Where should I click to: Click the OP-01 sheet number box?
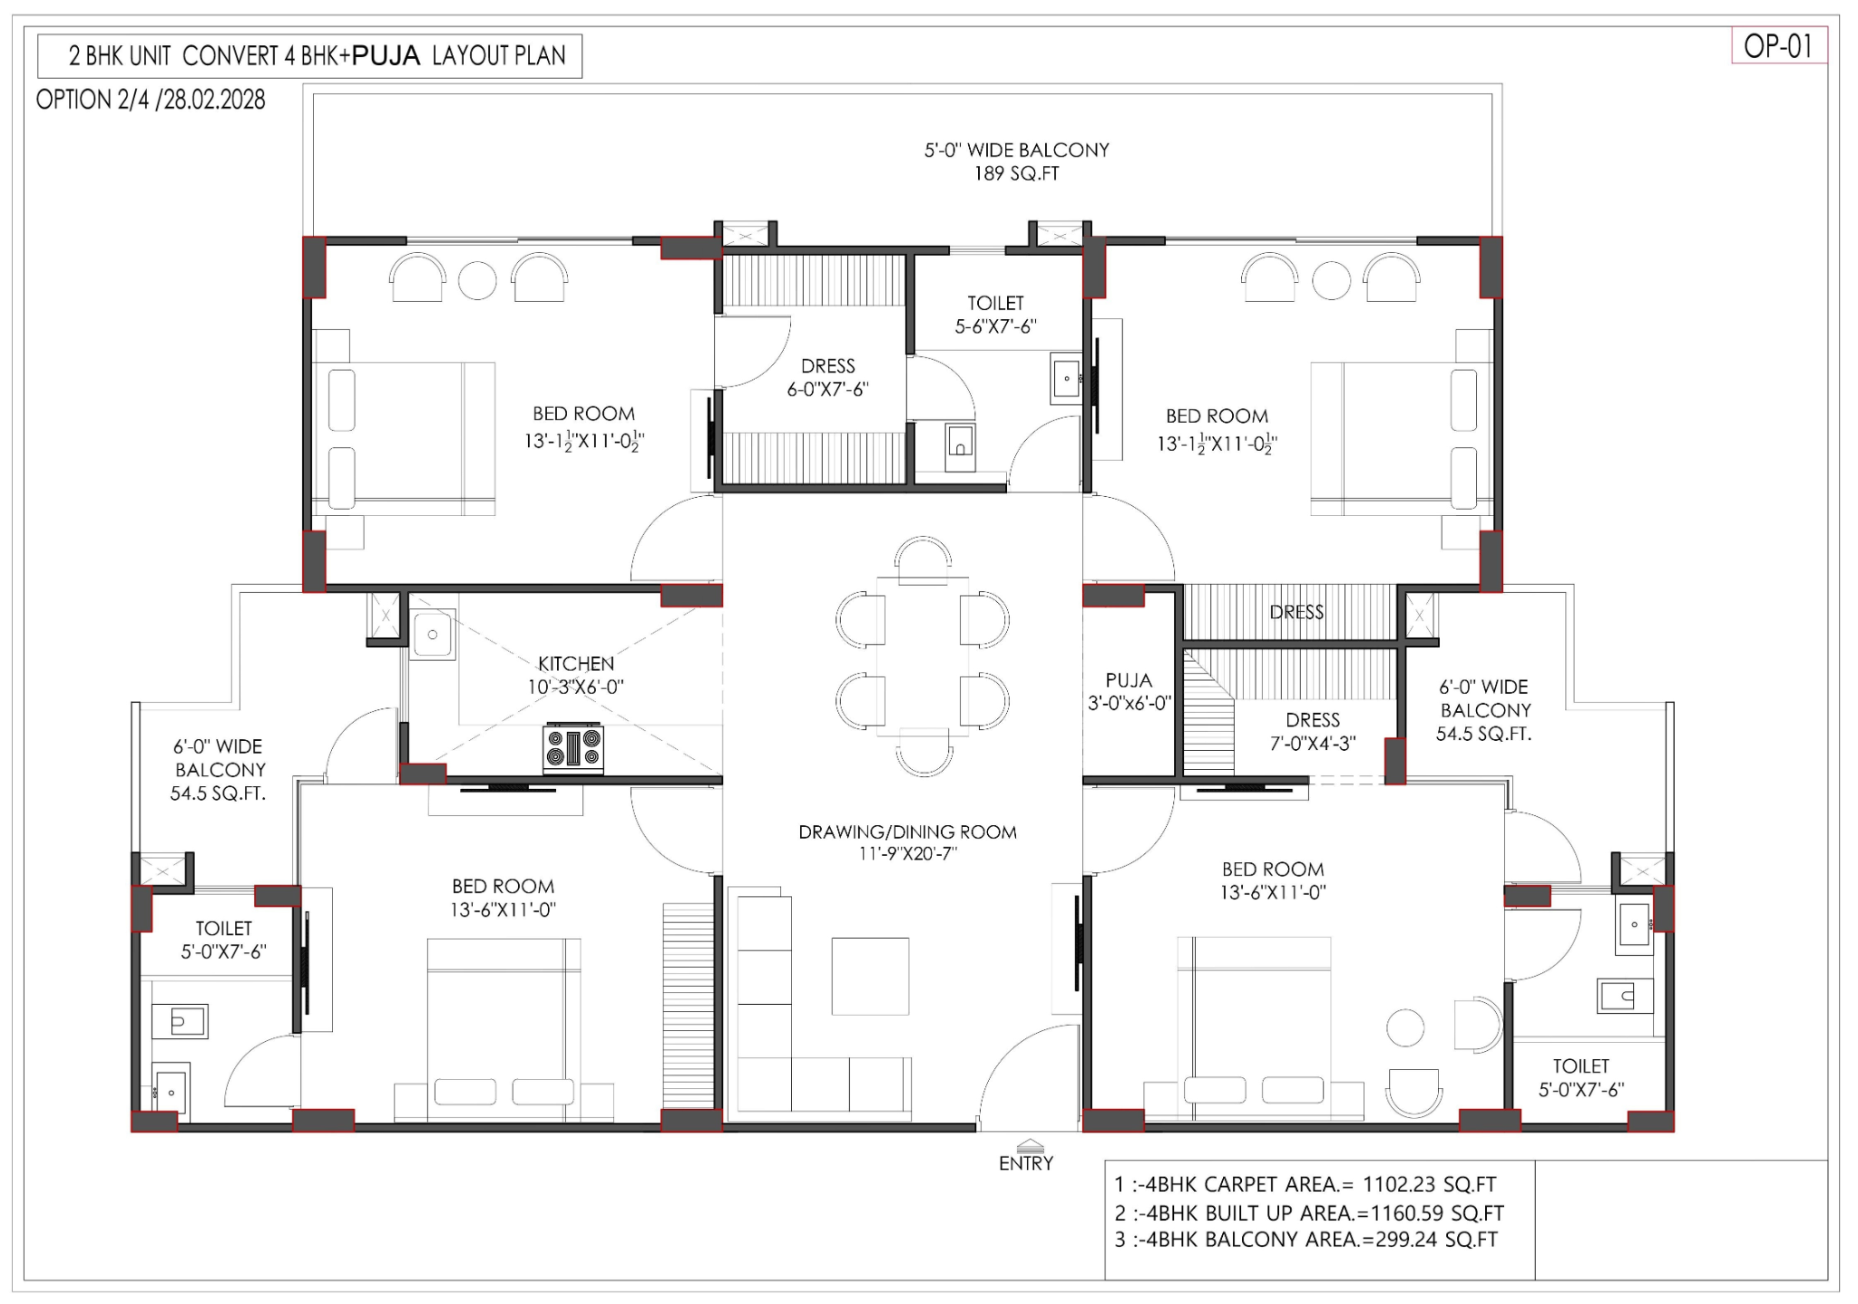(1778, 46)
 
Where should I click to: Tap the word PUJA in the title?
(386, 56)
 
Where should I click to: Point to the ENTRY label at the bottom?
(1026, 1163)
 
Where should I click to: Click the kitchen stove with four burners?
(573, 749)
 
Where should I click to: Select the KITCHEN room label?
(576, 664)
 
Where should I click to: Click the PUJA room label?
(1129, 680)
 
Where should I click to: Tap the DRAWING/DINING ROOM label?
(907, 832)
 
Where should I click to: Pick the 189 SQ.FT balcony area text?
(1016, 173)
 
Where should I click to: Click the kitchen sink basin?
(433, 635)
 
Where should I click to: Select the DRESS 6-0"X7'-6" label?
(827, 377)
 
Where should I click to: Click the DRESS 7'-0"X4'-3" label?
(1313, 732)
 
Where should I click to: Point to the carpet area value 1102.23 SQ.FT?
(1430, 1184)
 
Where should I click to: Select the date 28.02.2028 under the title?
(214, 100)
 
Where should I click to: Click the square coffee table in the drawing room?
(870, 977)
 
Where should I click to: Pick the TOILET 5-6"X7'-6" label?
(995, 315)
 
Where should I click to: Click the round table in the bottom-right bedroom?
(1405, 1028)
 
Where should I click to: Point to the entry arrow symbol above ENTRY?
(1030, 1145)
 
